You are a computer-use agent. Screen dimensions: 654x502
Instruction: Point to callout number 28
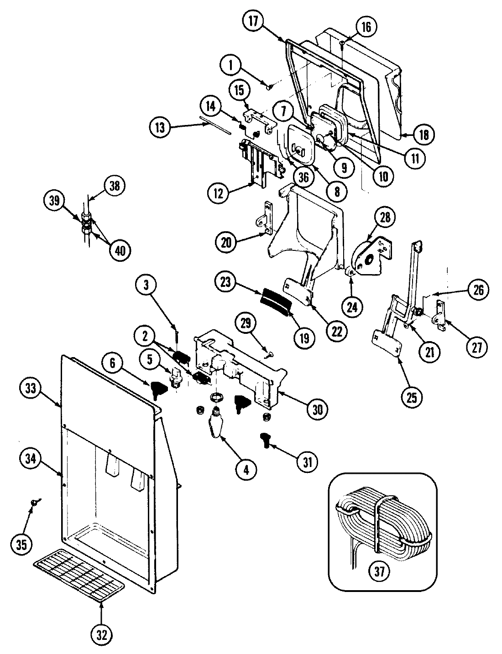click(385, 218)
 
